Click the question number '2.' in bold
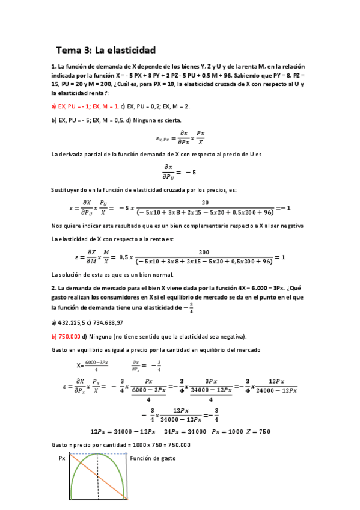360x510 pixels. pyautogui.click(x=54, y=288)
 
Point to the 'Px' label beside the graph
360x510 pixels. pyautogui.click(x=63, y=458)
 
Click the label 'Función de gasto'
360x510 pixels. pyautogui.click(x=153, y=458)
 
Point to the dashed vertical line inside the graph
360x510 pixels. pyautogui.click(x=98, y=481)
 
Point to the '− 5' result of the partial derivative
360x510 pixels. pyautogui.click(x=190, y=173)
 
